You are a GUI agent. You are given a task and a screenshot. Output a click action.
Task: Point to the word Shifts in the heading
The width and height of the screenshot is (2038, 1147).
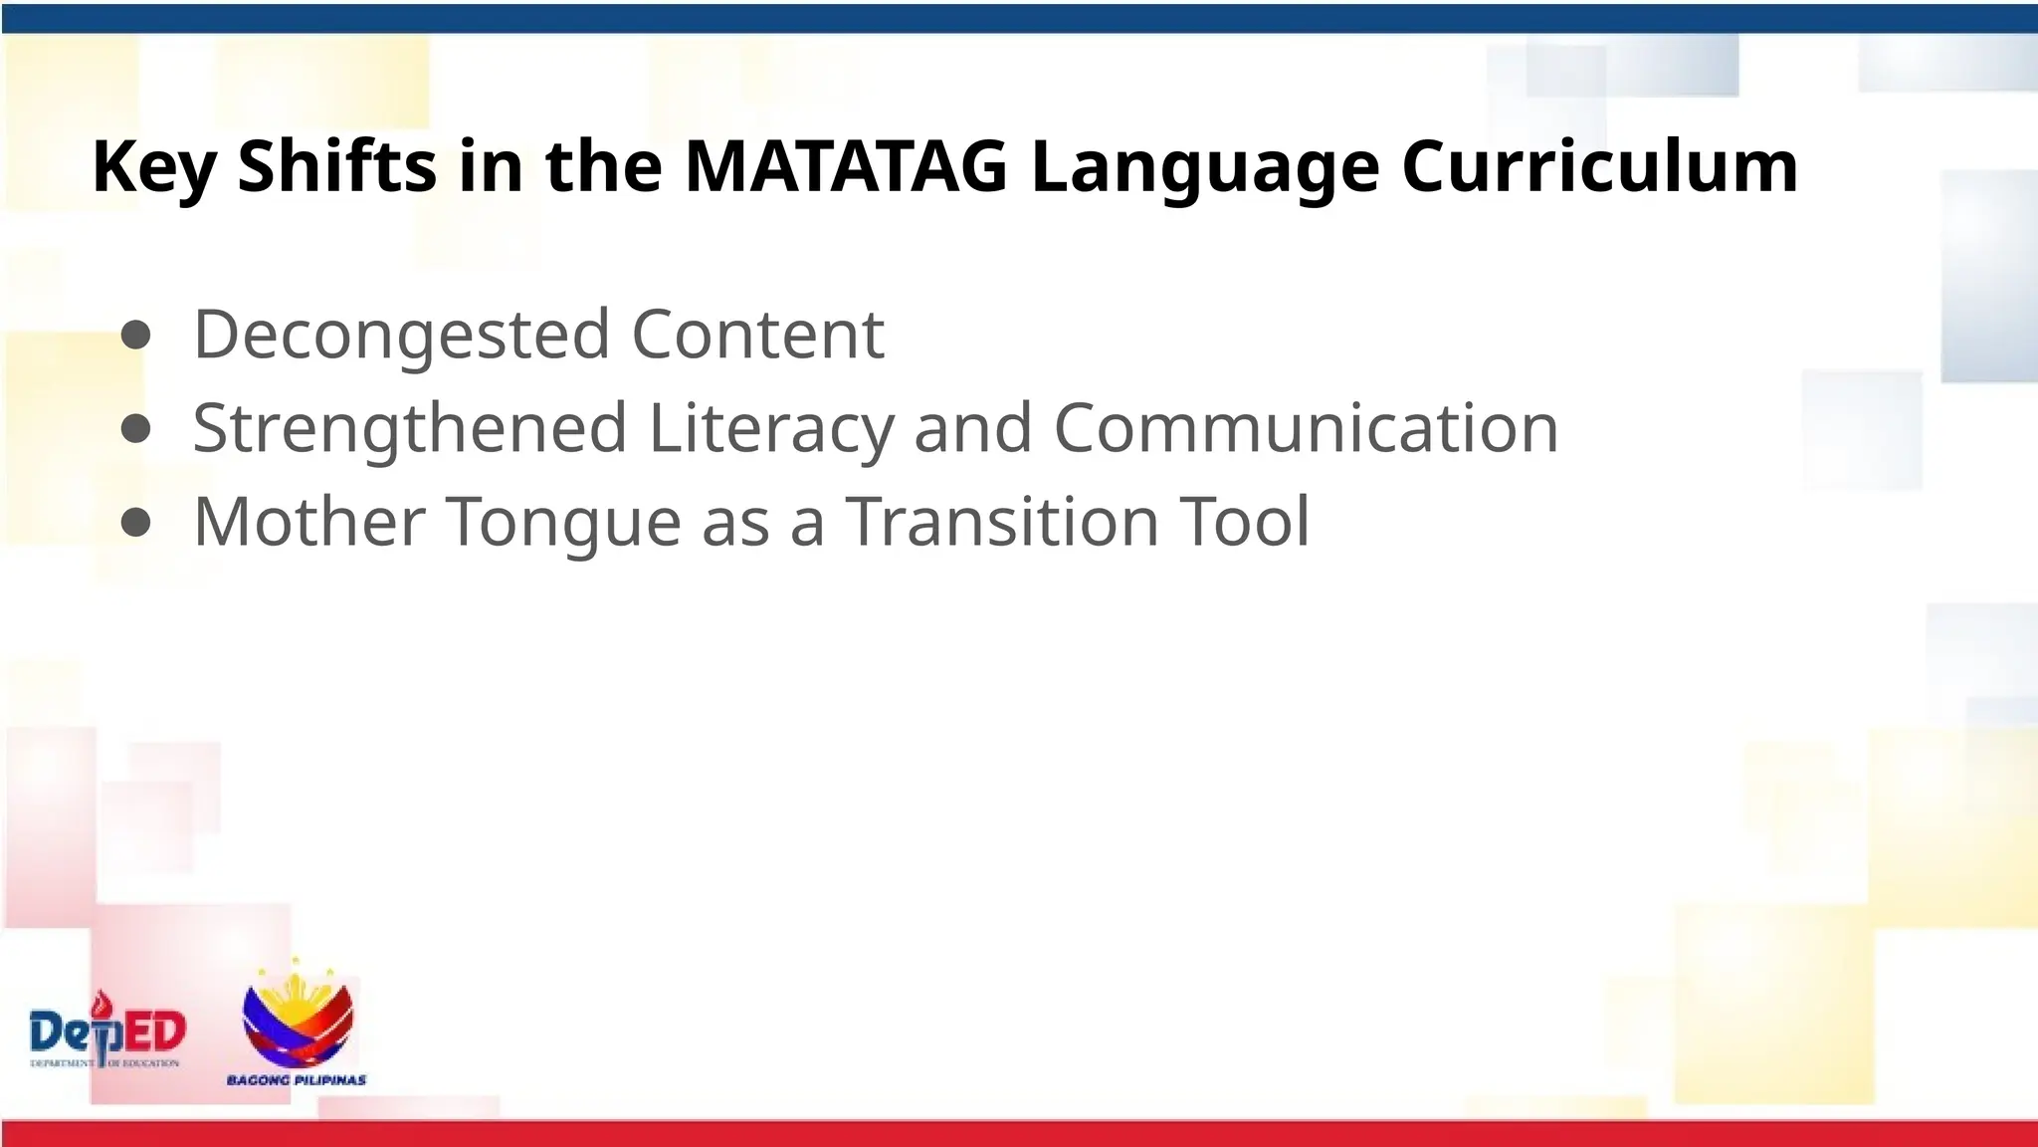pos(336,166)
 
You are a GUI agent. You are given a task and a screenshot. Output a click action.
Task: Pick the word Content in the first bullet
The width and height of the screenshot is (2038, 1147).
pos(757,334)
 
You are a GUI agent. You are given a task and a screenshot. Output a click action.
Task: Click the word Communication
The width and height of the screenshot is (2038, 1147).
pos(1306,428)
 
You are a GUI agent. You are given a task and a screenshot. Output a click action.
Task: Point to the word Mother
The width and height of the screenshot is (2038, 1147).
pos(309,521)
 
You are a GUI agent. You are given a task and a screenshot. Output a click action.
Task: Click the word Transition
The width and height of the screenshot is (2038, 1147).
pos(1002,521)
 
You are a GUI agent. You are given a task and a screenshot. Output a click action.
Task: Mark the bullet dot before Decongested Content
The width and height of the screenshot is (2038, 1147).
pos(135,337)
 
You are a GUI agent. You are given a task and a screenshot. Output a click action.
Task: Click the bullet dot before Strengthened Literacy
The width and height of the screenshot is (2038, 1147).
pos(135,429)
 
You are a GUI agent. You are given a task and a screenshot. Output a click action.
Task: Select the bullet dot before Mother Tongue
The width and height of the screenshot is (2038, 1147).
pos(135,523)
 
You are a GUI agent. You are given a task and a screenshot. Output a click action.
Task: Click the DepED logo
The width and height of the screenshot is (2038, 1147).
pos(107,1031)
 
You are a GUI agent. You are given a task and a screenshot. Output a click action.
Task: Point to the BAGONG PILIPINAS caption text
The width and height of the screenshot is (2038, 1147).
pos(297,1080)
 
